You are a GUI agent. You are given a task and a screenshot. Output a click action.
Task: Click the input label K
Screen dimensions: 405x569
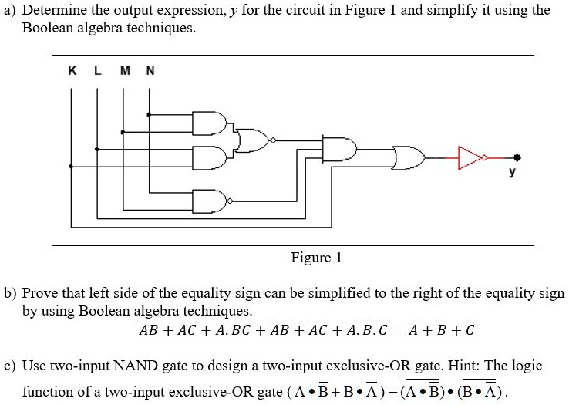pos(72,70)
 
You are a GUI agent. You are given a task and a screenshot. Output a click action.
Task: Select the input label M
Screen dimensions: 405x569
pos(124,70)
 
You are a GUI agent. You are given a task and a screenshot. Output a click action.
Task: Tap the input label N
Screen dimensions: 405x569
pos(150,70)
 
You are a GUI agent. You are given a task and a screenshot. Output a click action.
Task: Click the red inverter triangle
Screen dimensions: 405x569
pos(469,157)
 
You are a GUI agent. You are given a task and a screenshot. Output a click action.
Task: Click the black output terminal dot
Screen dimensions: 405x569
pos(517,157)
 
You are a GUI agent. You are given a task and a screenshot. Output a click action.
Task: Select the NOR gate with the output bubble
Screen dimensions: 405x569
pos(253,141)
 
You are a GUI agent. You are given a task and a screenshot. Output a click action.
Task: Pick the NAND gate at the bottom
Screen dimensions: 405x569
pos(208,201)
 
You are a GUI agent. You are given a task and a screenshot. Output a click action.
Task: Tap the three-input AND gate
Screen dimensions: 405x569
pos(340,149)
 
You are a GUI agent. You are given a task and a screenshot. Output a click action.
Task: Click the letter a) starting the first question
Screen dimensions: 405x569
pos(10,10)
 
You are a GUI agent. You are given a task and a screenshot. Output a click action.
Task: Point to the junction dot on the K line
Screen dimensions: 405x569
pos(72,166)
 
